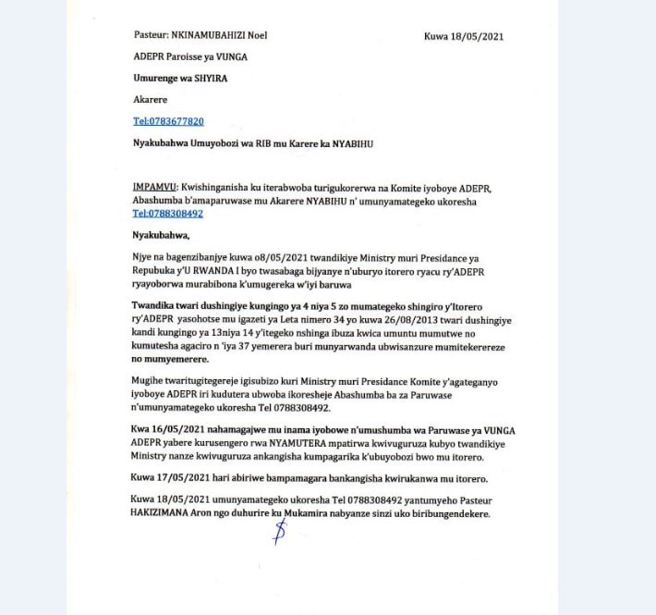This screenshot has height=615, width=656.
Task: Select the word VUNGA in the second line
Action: pyautogui.click(x=231, y=57)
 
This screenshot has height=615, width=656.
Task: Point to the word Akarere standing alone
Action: pyautogui.click(x=149, y=100)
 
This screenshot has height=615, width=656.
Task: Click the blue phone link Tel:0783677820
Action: pyautogui.click(x=168, y=121)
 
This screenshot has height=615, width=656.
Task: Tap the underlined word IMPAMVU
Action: pyautogui.click(x=154, y=187)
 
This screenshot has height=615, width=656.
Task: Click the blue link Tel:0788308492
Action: pyautogui.click(x=168, y=214)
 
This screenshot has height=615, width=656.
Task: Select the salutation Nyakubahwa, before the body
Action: pyautogui.click(x=161, y=235)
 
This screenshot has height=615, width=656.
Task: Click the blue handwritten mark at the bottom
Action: pyautogui.click(x=279, y=531)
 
